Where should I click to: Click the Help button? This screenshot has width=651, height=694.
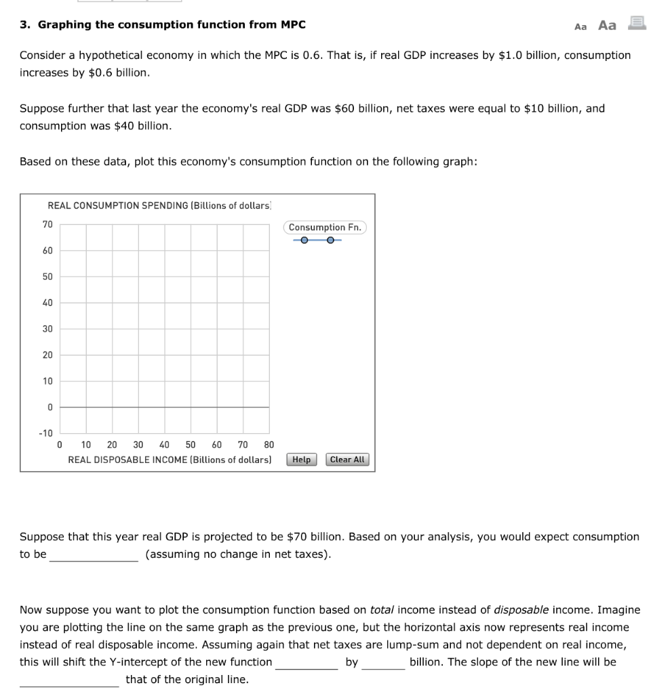pyautogui.click(x=301, y=460)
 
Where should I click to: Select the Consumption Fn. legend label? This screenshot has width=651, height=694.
pyautogui.click(x=324, y=227)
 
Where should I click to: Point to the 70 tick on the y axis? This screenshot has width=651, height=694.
pyautogui.click(x=47, y=224)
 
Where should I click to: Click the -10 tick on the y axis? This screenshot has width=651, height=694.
pyautogui.click(x=45, y=433)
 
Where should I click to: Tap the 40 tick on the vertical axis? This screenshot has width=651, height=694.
pyautogui.click(x=47, y=303)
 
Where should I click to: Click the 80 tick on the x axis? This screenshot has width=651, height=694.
pyautogui.click(x=269, y=445)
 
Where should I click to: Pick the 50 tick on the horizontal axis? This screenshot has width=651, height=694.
pyautogui.click(x=191, y=445)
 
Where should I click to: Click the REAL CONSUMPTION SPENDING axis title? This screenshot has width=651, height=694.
pyautogui.click(x=159, y=205)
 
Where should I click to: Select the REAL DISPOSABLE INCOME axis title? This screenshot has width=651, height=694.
pyautogui.click(x=170, y=460)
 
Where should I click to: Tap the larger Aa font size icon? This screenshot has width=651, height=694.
pyautogui.click(x=607, y=26)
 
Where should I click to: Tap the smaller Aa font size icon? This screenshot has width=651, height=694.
pyautogui.click(x=580, y=26)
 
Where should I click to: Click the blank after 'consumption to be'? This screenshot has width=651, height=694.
pyautogui.click(x=94, y=555)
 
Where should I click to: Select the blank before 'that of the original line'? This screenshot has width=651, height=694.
pyautogui.click(x=69, y=680)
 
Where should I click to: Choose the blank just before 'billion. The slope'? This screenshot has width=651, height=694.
pyautogui.click(x=383, y=662)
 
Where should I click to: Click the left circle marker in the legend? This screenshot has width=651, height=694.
pyautogui.click(x=304, y=240)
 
